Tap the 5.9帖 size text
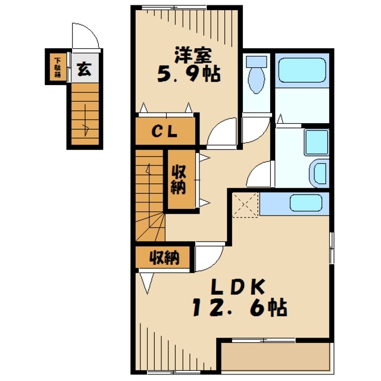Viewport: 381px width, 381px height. tap(189, 74)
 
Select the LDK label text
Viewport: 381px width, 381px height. tap(238, 288)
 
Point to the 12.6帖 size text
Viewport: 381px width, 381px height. tap(240, 307)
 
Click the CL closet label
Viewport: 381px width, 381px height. tap(164, 132)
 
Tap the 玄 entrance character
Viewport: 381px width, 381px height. tap(84, 69)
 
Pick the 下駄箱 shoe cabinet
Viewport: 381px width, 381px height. tap(58, 67)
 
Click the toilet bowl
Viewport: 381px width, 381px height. tap(257, 75)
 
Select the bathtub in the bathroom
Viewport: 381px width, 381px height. tap(302, 70)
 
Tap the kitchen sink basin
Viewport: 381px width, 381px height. tap(306, 202)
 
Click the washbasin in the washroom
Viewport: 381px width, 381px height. tap(319, 173)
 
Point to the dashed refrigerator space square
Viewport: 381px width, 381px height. tap(245, 205)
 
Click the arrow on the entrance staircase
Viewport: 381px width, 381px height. tap(85, 120)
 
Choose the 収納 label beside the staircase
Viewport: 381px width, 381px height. tap(179, 180)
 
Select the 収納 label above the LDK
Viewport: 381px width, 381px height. tap(164, 258)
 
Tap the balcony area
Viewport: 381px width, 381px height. tap(276, 358)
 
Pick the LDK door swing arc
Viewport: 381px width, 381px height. tap(216, 264)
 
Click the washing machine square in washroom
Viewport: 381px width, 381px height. tap(317, 142)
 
